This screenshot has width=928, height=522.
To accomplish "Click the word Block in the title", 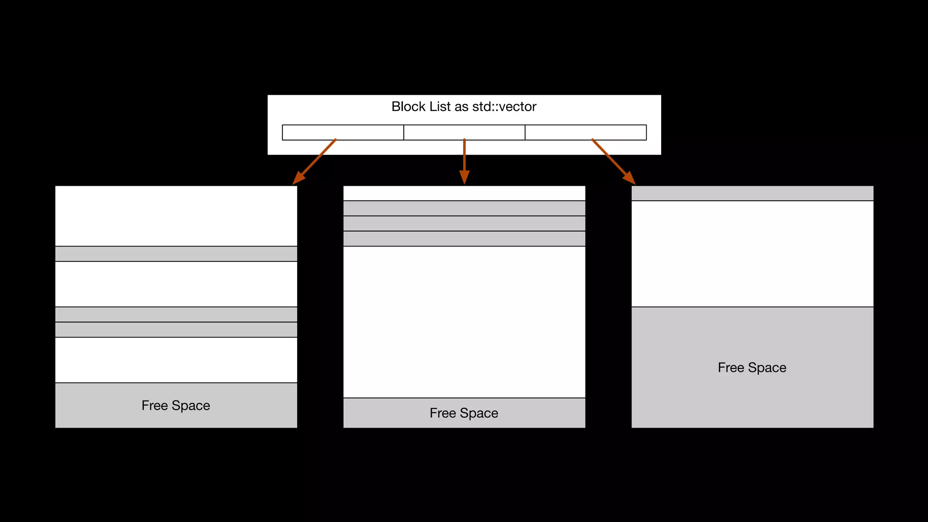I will click(x=408, y=107).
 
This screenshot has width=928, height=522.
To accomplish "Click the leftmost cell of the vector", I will click(x=343, y=132).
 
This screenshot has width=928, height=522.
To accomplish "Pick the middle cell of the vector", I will click(x=464, y=132).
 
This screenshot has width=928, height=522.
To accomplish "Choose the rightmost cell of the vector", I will click(x=585, y=132).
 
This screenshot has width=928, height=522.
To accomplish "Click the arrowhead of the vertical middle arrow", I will click(x=464, y=177).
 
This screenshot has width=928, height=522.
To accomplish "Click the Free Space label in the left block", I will click(x=176, y=406).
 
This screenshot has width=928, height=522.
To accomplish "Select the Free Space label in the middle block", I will click(x=464, y=413).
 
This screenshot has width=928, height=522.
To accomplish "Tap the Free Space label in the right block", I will click(x=752, y=367).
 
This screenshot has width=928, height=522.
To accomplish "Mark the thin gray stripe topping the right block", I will click(x=752, y=193).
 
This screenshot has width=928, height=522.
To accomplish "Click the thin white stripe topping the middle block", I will click(x=464, y=193).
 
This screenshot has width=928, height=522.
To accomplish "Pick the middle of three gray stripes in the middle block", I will click(x=464, y=223).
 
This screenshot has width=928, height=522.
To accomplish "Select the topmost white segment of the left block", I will click(x=176, y=216).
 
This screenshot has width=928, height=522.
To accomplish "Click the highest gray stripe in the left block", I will click(x=176, y=254).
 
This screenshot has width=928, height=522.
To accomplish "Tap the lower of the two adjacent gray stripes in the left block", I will click(x=176, y=329).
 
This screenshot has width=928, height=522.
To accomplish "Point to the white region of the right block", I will click(x=752, y=254).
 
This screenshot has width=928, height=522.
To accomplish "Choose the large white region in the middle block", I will click(x=464, y=322).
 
